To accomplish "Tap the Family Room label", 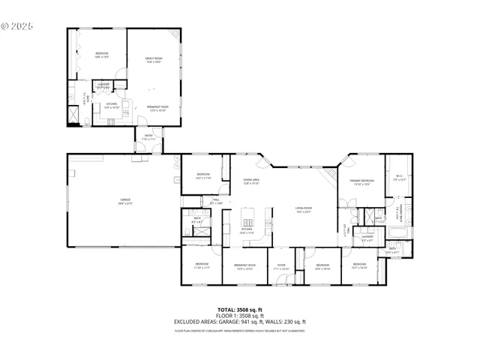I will point(153,60).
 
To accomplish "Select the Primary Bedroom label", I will point(361,182).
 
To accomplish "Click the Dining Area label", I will point(250,182).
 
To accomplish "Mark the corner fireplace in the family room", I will point(173,35).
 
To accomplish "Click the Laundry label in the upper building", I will point(103,85).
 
